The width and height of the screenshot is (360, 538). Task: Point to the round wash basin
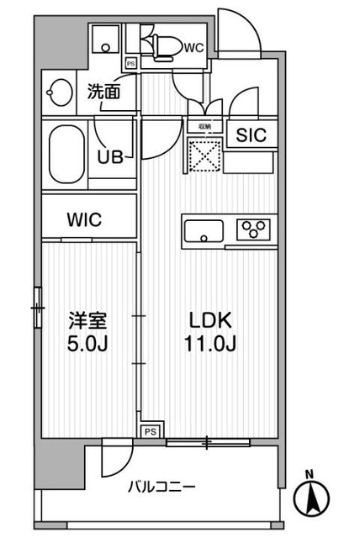pos(61,92)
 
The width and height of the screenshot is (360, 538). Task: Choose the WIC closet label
pos(85,220)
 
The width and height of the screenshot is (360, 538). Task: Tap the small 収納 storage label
pos(204,126)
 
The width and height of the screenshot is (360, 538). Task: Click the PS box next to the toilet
pos(130,62)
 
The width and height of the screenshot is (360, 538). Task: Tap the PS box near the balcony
pos(149,431)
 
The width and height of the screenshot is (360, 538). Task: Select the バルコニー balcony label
pos(162,488)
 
